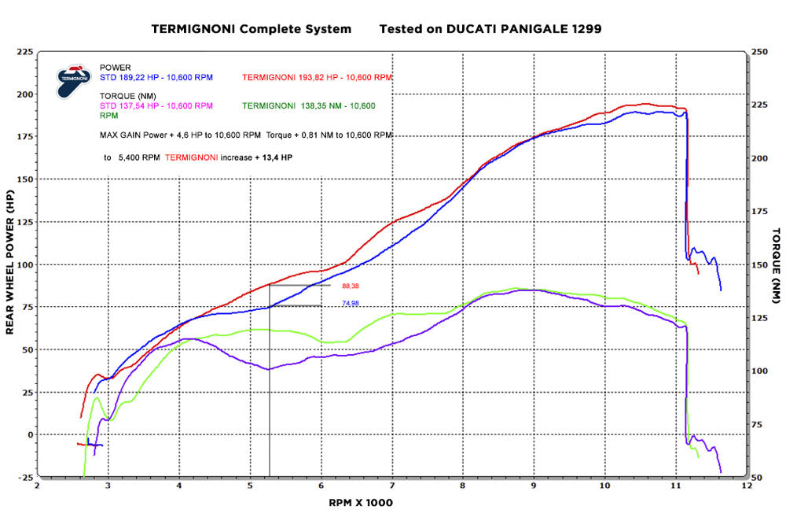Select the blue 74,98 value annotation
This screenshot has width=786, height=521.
tap(351, 303)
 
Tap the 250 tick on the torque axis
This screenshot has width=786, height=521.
tap(759, 52)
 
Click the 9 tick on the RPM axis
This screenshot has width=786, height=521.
tap(534, 486)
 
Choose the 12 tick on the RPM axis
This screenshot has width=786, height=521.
tap(747, 486)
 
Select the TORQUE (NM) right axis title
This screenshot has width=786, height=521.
tap(776, 264)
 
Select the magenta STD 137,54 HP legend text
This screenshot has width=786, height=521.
tap(156, 105)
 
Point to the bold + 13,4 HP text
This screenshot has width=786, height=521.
tap(274, 157)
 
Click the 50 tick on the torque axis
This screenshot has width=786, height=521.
tap(757, 477)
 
